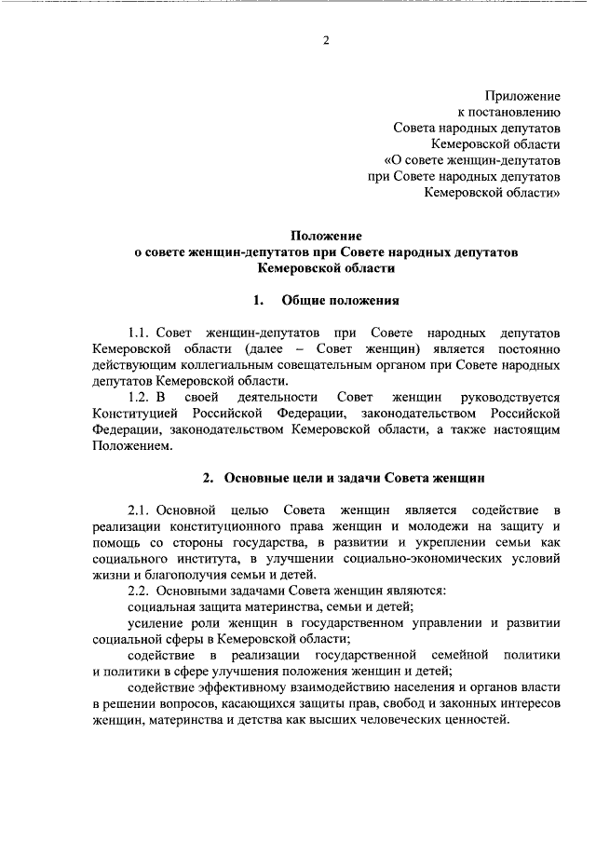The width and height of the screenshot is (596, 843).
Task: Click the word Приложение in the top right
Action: (522, 95)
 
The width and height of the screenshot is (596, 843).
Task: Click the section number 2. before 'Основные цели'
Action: (210, 479)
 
